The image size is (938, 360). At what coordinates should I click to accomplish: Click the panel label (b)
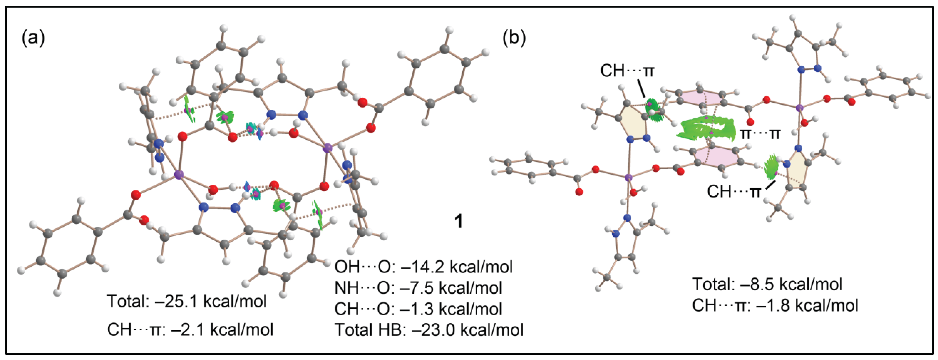(x=514, y=38)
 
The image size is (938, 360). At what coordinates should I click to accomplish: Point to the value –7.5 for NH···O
(x=416, y=288)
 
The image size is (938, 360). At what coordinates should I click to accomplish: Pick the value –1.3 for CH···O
(x=416, y=309)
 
